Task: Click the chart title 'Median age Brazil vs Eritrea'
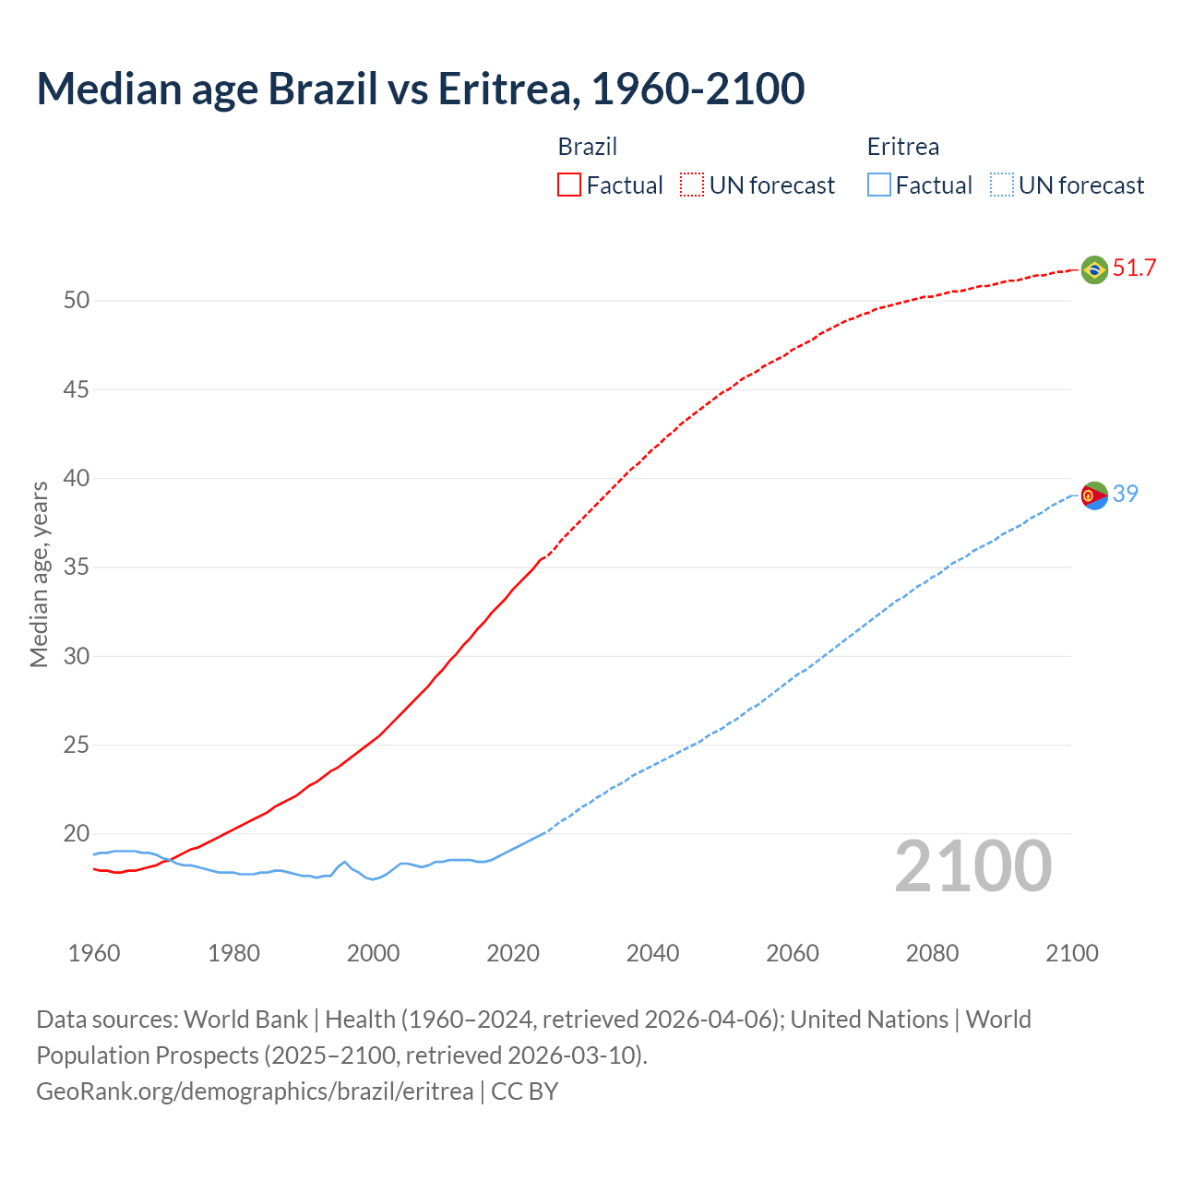(x=420, y=89)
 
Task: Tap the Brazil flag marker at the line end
(x=1094, y=269)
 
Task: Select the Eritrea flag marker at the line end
(x=1094, y=495)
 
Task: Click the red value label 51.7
(x=1134, y=268)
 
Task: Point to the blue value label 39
(x=1125, y=495)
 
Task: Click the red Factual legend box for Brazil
(x=569, y=185)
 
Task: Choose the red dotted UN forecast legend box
(x=692, y=185)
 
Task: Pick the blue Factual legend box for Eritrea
(x=878, y=185)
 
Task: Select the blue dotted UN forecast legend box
(x=1001, y=185)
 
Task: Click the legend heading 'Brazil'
(x=587, y=147)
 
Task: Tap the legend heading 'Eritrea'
(x=902, y=147)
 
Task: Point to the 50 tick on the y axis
(x=77, y=301)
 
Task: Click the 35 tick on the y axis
(x=77, y=567)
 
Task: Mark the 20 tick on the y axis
(x=77, y=834)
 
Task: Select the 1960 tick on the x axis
(x=94, y=953)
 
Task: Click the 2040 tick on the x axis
(x=652, y=953)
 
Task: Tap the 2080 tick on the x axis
(x=932, y=953)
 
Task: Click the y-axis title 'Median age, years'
(x=39, y=574)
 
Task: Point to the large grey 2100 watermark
(x=972, y=866)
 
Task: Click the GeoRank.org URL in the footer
(x=255, y=1092)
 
